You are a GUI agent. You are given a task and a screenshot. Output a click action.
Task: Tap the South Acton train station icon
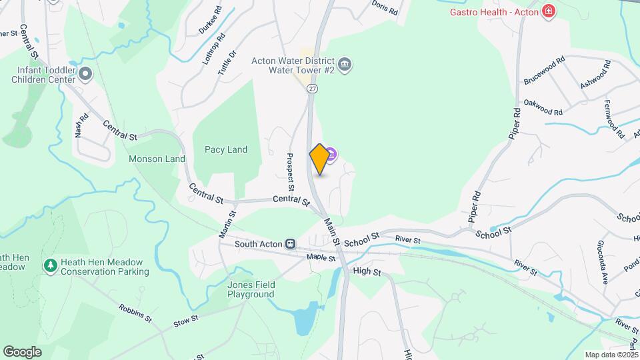pos(290,244)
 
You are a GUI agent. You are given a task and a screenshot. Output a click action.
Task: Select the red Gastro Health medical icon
pos(549,11)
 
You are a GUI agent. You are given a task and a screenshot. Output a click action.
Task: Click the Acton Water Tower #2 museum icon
pos(345,65)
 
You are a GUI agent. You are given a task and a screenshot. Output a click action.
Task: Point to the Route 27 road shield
pos(313,88)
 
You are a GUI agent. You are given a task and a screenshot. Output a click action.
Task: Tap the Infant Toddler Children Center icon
pos(84,73)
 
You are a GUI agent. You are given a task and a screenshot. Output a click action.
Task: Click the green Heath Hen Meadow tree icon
pos(50,266)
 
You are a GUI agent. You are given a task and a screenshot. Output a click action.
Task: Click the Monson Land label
pos(157,159)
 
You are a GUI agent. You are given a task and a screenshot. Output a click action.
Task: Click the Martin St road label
pos(227,225)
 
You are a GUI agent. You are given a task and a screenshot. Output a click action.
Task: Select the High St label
pos(367,271)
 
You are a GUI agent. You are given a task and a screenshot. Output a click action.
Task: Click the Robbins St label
pos(135,313)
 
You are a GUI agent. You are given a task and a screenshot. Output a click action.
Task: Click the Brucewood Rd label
pos(543,69)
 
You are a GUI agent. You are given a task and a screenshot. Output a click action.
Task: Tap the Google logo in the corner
pos(22,351)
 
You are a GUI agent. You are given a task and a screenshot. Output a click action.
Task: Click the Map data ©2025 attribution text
pos(611,355)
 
